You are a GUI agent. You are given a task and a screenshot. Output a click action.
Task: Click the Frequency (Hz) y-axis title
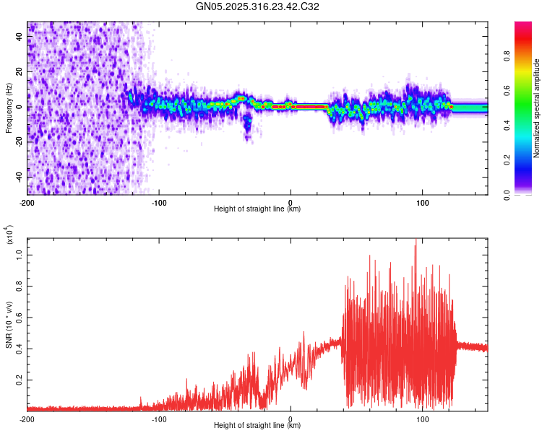click(x=9, y=108)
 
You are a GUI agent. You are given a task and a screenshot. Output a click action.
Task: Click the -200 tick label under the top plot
click(x=27, y=201)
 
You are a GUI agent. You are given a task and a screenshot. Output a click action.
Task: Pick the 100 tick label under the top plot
click(x=422, y=201)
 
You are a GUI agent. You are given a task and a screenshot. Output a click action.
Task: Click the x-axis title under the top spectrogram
click(x=257, y=209)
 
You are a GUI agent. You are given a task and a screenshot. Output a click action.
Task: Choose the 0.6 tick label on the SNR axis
click(x=19, y=317)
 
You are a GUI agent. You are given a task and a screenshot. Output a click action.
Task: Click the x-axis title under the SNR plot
click(x=257, y=426)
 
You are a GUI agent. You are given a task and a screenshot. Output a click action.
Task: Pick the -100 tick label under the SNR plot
click(x=159, y=418)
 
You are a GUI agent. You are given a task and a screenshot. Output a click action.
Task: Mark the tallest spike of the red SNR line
click(x=416, y=241)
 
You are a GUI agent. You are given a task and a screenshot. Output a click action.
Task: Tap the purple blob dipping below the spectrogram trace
click(x=247, y=126)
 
